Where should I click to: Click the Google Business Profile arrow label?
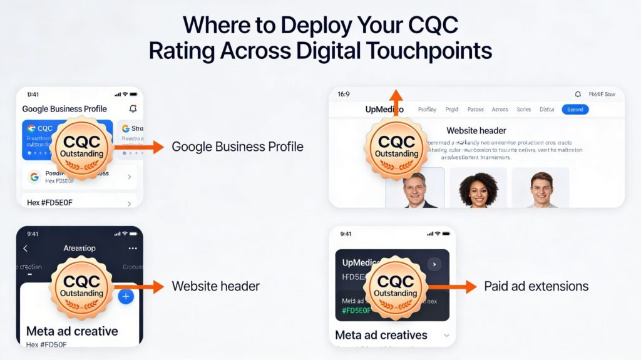pos(237,147)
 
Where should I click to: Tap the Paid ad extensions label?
pos(536,287)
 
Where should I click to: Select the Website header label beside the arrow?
pos(215,287)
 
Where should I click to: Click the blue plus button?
pos(126,296)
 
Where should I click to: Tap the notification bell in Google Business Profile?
pos(133,109)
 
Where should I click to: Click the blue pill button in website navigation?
pos(575,110)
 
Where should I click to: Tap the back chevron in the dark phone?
pos(26,249)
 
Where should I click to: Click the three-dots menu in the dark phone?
pos(132,249)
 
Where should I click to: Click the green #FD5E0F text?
pos(357,311)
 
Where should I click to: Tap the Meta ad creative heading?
pos(72,331)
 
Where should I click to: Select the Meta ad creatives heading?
pos(381,335)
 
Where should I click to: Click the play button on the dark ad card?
pos(434,264)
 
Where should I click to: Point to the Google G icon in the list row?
pos(34,177)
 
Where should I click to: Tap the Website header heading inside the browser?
pos(476,131)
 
